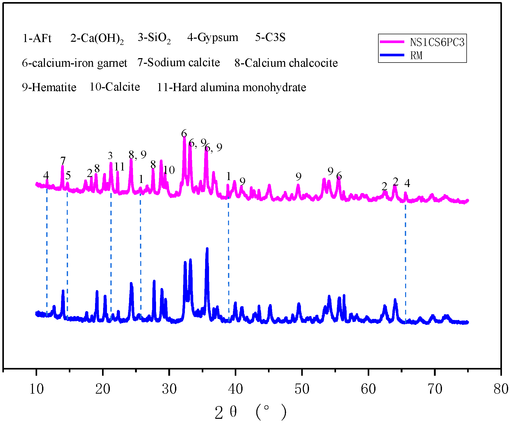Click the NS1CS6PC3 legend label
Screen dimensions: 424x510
[437, 42]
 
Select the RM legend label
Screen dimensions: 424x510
[416, 55]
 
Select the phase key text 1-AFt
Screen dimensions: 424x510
[37, 38]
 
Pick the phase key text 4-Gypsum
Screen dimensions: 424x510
[213, 38]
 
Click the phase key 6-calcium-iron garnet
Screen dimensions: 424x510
[75, 63]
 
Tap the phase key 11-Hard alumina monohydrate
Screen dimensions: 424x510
[231, 87]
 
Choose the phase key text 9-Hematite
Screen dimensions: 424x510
[49, 87]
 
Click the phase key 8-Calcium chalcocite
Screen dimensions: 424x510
[286, 63]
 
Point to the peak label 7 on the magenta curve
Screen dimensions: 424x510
[63, 161]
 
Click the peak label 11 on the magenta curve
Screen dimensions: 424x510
[119, 167]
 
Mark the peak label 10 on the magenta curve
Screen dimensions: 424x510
[169, 170]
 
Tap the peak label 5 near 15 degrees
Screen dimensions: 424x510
[68, 176]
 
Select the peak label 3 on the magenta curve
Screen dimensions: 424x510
[110, 156]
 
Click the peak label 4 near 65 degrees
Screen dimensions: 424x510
[407, 183]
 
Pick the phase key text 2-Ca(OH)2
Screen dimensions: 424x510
[97, 38]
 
